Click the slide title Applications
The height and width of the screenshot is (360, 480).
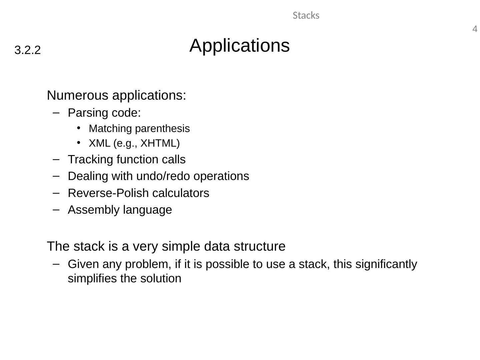[239, 45]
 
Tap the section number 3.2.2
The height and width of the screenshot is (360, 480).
[28, 50]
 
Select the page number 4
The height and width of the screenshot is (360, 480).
[475, 29]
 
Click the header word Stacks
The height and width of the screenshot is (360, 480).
[306, 16]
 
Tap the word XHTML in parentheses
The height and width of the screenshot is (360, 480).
[160, 143]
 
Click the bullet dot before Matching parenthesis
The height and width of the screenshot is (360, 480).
[79, 128]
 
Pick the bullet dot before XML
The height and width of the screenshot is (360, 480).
[79, 142]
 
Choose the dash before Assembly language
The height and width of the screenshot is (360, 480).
[56, 210]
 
